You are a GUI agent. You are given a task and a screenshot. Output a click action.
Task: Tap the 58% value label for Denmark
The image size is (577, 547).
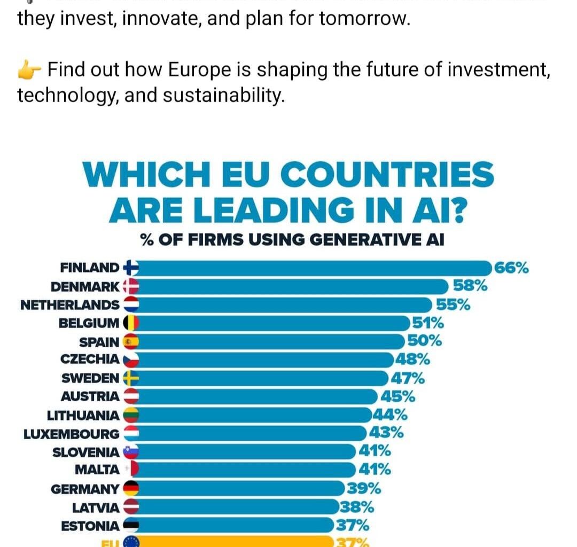pyautogui.click(x=470, y=286)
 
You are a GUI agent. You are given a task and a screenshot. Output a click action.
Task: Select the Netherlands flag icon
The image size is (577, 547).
pyautogui.click(x=131, y=304)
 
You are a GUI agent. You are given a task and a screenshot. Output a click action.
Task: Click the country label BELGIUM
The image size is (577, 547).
pyautogui.click(x=89, y=323)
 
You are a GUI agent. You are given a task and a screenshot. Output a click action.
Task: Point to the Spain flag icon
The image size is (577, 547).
pyautogui.click(x=131, y=341)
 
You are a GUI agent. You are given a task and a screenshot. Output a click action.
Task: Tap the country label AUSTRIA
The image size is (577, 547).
pyautogui.click(x=90, y=396)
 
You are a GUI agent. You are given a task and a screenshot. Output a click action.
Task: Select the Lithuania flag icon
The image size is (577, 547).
pyautogui.click(x=131, y=415)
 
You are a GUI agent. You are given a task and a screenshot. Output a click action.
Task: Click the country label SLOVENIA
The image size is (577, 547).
pyautogui.click(x=86, y=452)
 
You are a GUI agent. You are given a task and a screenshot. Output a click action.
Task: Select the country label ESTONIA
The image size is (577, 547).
pyautogui.click(x=90, y=526)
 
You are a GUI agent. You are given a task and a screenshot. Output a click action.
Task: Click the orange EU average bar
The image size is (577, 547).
pyautogui.click(x=235, y=542)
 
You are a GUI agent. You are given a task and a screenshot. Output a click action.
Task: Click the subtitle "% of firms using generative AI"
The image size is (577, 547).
pyautogui.click(x=292, y=239)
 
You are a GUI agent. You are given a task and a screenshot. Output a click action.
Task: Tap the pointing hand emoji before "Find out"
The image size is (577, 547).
pyautogui.click(x=30, y=69)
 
